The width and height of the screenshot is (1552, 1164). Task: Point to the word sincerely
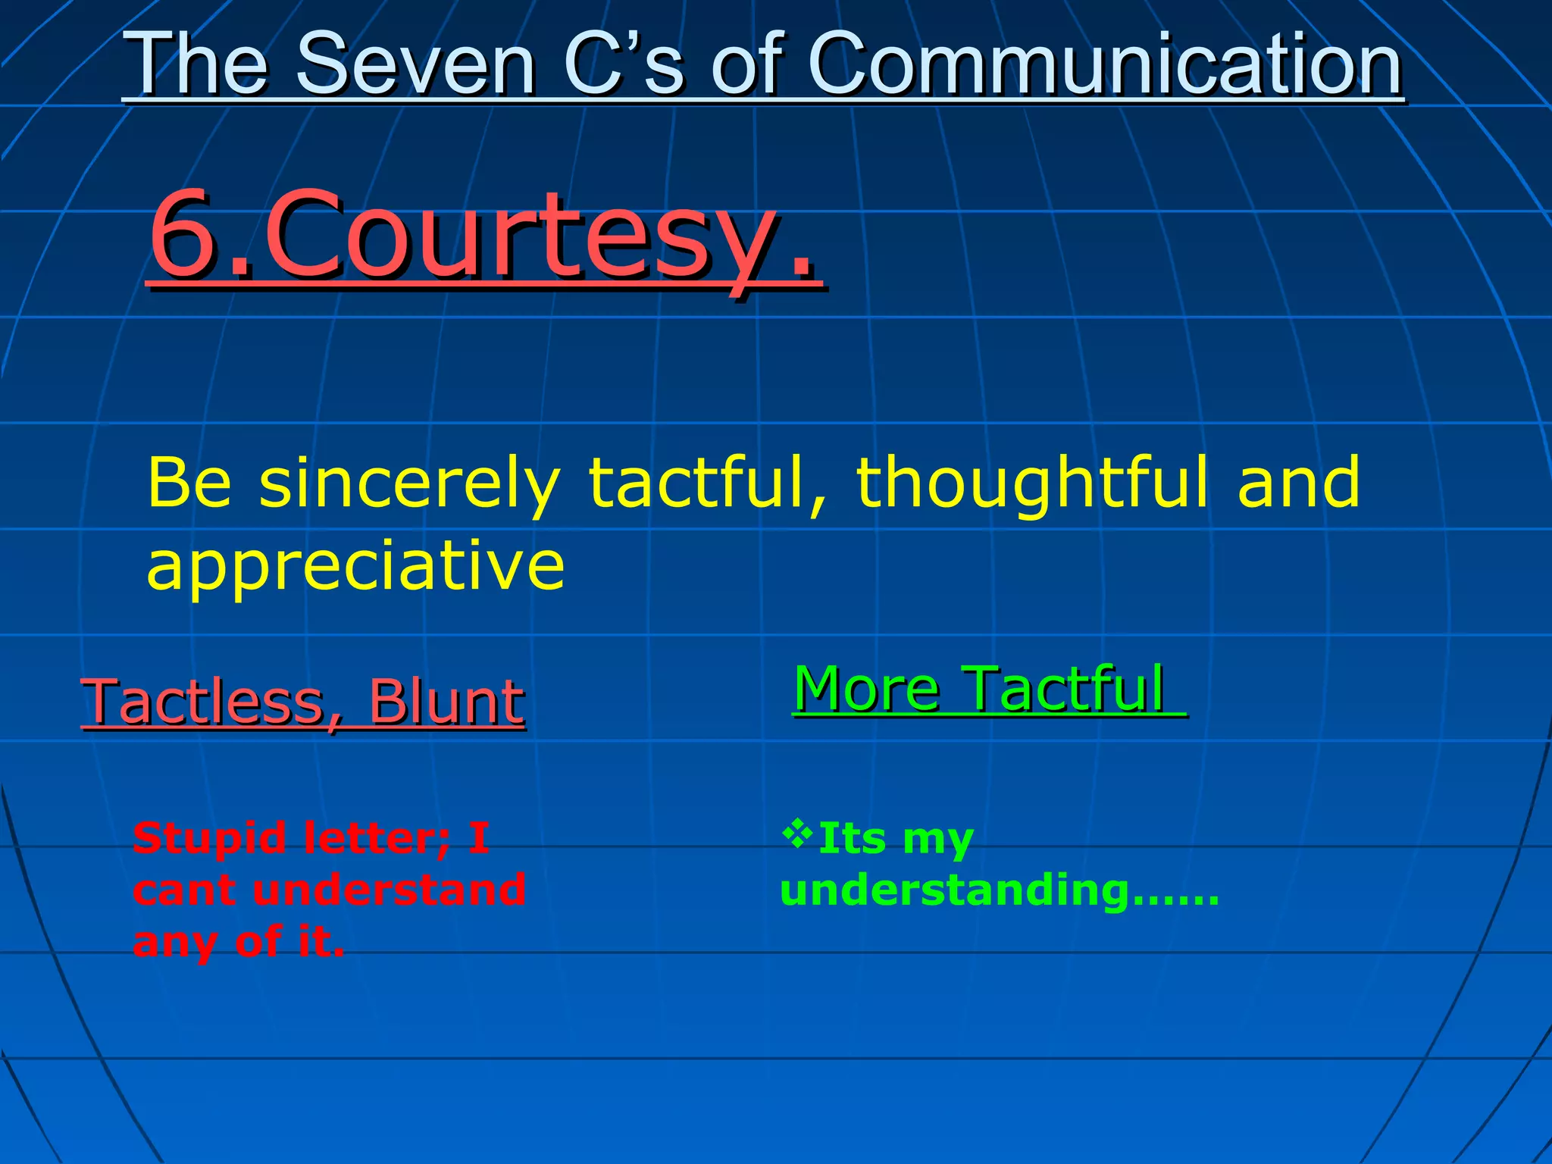[x=409, y=483]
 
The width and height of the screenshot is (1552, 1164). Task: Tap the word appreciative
[x=355, y=566]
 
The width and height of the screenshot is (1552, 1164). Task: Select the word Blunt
[x=446, y=702]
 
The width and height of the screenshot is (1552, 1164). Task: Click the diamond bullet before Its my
[x=797, y=833]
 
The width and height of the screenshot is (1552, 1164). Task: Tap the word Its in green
[x=853, y=838]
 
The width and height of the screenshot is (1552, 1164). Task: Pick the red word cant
[x=186, y=890]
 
